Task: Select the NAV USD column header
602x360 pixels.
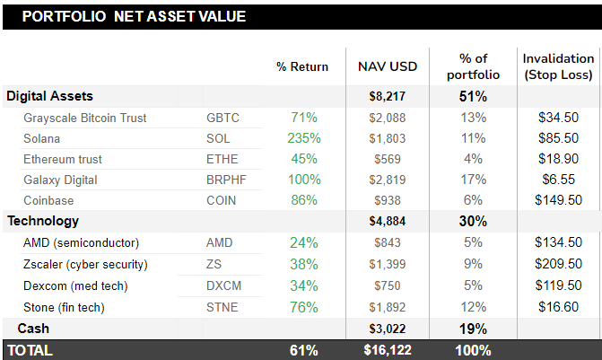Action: click(x=388, y=66)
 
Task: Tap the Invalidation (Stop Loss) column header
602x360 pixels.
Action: click(x=558, y=66)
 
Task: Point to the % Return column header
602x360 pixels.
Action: click(x=302, y=66)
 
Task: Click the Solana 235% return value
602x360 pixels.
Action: click(x=304, y=138)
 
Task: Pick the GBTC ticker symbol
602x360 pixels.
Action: click(x=222, y=118)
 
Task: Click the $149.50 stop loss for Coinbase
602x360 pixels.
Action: click(x=558, y=200)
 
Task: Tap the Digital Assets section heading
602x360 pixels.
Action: click(x=50, y=96)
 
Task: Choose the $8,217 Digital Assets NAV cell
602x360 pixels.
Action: click(x=388, y=96)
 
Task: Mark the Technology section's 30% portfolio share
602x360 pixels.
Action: click(x=473, y=221)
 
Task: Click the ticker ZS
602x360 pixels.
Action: click(x=214, y=264)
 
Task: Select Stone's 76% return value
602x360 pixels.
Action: click(x=304, y=307)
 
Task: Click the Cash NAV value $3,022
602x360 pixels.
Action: click(x=388, y=329)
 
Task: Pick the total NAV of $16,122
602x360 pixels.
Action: click(x=388, y=350)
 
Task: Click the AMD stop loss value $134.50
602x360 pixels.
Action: click(x=558, y=242)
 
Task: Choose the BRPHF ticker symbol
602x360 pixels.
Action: click(x=227, y=180)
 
